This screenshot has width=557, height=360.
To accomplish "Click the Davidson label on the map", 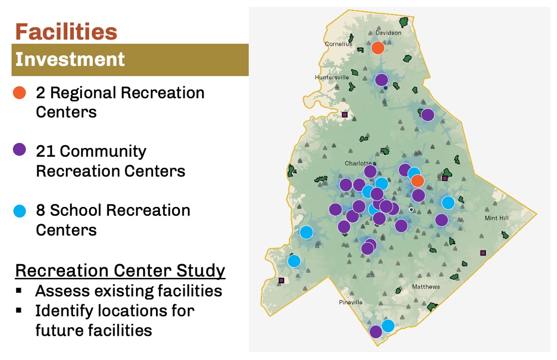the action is (x=388, y=33).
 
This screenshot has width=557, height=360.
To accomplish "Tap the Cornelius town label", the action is (x=338, y=44).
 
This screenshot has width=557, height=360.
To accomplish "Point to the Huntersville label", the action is (x=332, y=77).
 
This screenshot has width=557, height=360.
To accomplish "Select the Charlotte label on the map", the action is (x=358, y=163).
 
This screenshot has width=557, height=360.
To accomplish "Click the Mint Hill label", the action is (x=497, y=218).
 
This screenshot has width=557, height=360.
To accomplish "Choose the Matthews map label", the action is (x=426, y=287).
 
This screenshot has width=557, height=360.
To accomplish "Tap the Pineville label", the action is (x=350, y=302).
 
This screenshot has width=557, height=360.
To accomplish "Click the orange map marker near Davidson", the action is (x=378, y=48).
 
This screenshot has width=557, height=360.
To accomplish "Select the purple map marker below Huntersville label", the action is (x=382, y=80).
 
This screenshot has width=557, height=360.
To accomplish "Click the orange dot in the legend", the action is (x=19, y=93).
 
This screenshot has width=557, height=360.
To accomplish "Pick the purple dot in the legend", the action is (x=19, y=149).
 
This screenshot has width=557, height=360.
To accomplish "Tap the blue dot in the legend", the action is (x=19, y=211).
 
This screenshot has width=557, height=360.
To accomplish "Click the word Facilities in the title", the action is (x=66, y=32).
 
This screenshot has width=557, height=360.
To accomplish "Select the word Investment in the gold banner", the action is (x=70, y=59).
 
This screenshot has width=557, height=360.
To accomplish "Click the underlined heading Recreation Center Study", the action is (x=120, y=270).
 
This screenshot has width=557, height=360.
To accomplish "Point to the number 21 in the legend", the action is (x=45, y=151).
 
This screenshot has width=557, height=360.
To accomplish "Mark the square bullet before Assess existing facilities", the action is (x=19, y=290).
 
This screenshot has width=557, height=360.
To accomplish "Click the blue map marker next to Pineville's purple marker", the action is (x=388, y=326).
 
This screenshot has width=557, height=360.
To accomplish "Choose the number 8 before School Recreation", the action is (x=40, y=210).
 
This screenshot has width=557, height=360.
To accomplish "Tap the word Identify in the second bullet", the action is (x=64, y=311).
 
